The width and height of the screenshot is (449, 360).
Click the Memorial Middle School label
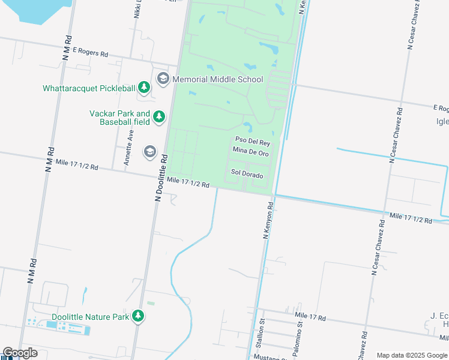pos(217,79)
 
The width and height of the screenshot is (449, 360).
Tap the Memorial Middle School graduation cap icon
pos(163,79)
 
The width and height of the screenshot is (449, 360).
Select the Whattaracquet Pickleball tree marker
pos(144,88)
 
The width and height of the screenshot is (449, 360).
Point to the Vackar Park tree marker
pos(158,116)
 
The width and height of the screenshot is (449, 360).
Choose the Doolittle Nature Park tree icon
pos(139,316)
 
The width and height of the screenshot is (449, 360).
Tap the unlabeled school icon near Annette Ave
pos(149,152)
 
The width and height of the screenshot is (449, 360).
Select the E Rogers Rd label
pos(91,53)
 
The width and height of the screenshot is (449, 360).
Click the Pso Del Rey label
pos(253,143)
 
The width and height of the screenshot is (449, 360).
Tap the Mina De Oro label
pos(250,154)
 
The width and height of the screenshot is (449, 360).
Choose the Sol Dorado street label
pos(247,173)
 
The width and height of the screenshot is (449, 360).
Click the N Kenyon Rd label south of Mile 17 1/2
pos(268,221)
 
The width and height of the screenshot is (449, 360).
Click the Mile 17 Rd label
pos(310,316)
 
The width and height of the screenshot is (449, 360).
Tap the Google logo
pos(20,353)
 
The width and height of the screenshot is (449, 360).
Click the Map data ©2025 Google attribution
pos(412,355)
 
